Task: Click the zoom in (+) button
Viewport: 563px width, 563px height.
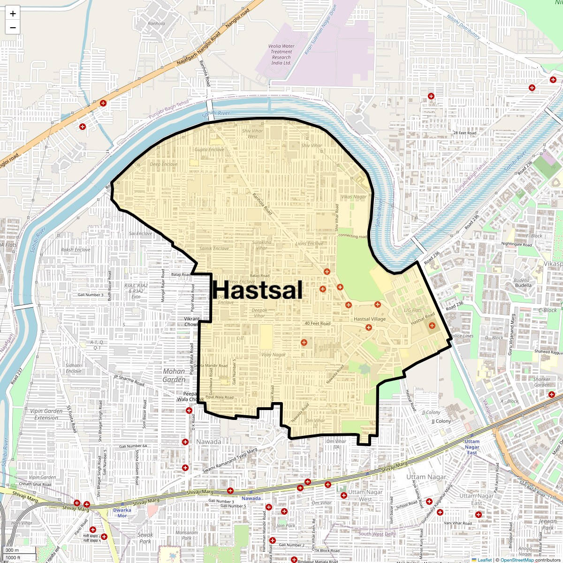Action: pyautogui.click(x=13, y=14)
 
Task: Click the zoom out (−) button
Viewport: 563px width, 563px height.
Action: pyautogui.click(x=13, y=27)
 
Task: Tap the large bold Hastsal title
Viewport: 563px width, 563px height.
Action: pyautogui.click(x=258, y=290)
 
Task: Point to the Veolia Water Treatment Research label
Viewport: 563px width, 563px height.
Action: pyautogui.click(x=281, y=54)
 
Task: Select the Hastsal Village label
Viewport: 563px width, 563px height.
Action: pyautogui.click(x=369, y=319)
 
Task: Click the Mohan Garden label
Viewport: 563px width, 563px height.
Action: pyautogui.click(x=174, y=375)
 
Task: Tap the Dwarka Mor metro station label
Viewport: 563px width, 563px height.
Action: pyautogui.click(x=122, y=513)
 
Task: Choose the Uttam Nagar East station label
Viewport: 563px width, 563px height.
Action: pyautogui.click(x=472, y=447)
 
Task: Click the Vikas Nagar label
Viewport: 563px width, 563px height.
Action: pyautogui.click(x=354, y=197)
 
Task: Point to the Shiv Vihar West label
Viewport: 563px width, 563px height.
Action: pyautogui.click(x=252, y=134)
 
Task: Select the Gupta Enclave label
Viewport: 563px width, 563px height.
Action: pyautogui.click(x=210, y=150)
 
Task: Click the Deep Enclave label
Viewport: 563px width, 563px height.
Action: pyautogui.click(x=164, y=164)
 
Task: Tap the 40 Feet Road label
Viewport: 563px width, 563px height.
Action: pyautogui.click(x=318, y=323)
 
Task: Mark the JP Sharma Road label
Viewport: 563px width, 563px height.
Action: pyautogui.click(x=129, y=380)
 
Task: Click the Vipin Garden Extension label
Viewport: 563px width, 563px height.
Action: pyautogui.click(x=46, y=414)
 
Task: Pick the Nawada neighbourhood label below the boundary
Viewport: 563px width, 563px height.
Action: pyautogui.click(x=209, y=442)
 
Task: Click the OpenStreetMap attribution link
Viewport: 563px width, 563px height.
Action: pyautogui.click(x=517, y=560)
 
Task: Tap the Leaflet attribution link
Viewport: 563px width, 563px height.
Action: pyautogui.click(x=485, y=560)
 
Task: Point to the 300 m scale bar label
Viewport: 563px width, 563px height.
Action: pyautogui.click(x=12, y=550)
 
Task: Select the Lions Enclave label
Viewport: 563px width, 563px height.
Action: pyautogui.click(x=309, y=244)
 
